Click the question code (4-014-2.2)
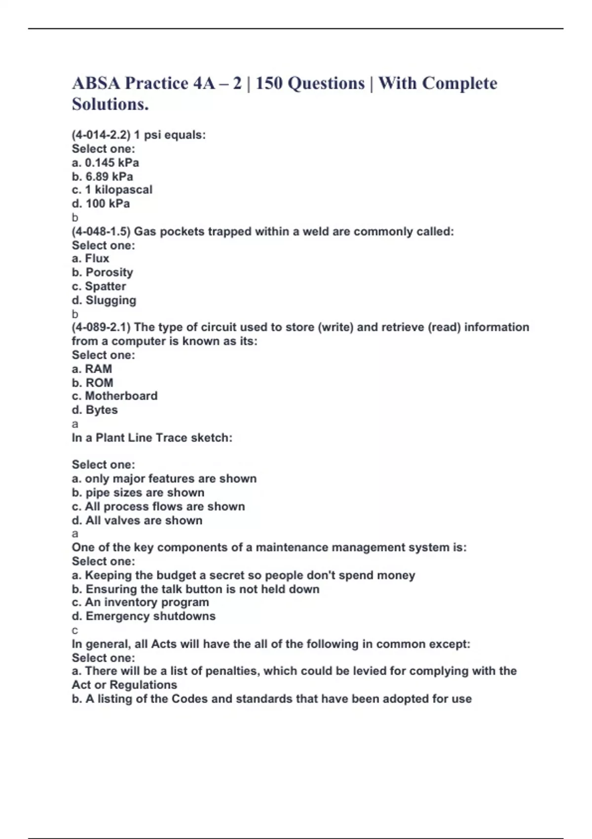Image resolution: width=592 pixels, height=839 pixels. click(101, 135)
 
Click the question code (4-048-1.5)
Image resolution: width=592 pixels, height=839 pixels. click(101, 231)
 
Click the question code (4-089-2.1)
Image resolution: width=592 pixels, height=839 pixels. click(101, 327)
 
